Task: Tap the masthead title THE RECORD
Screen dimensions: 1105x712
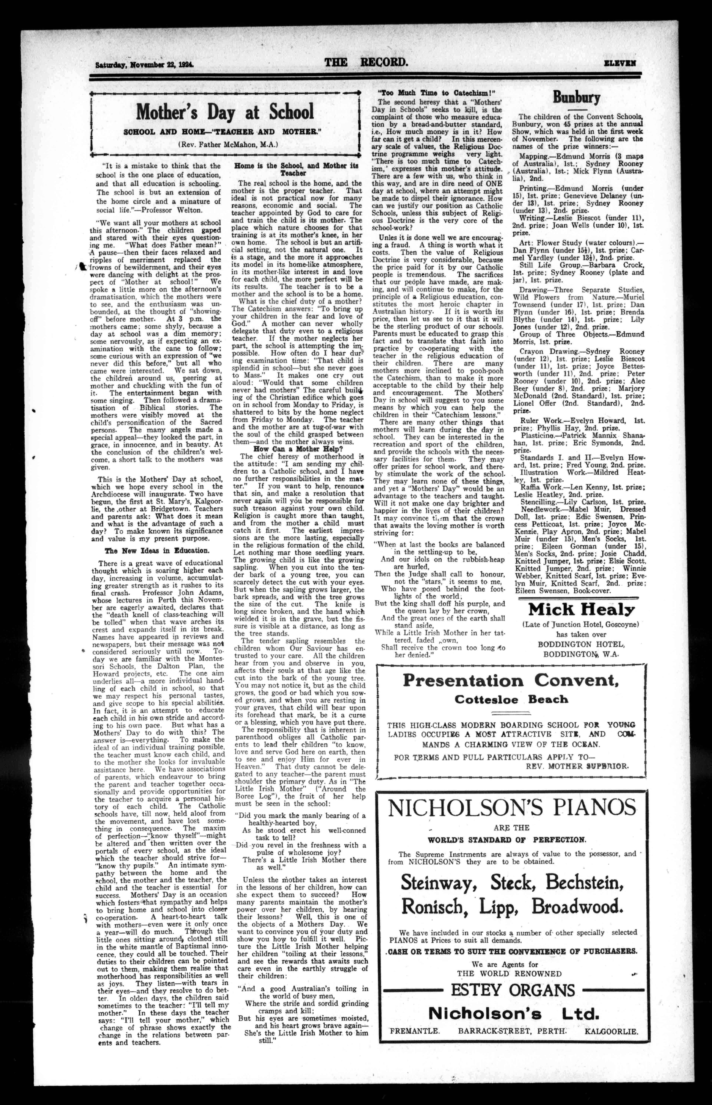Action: tap(366, 62)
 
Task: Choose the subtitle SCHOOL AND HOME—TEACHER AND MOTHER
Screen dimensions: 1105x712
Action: tap(223, 132)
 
